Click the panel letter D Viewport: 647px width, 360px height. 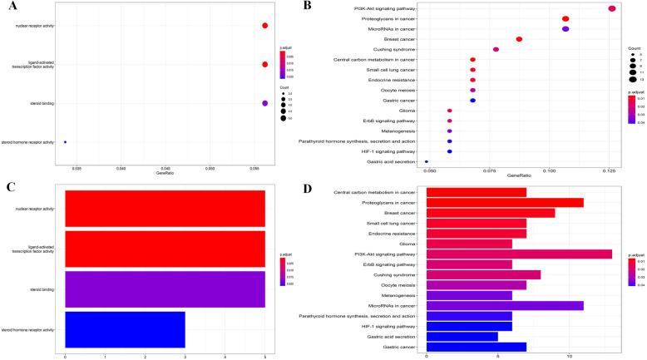pos(331,189)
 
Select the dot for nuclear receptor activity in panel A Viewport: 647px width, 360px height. pos(264,26)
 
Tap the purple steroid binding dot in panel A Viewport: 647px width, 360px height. pos(264,103)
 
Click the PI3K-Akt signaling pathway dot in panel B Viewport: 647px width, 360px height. pos(612,8)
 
